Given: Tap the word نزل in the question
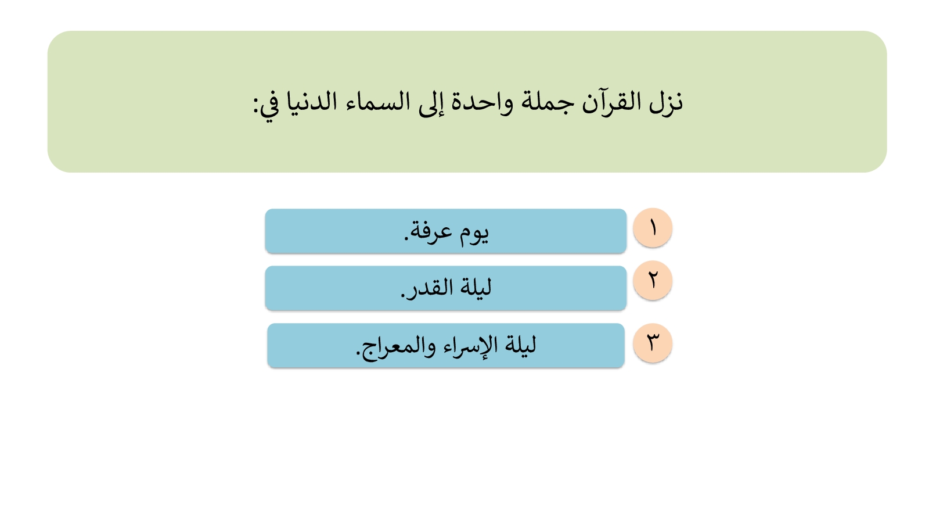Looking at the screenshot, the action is pos(665,103).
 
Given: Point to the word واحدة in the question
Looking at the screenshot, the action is pos(482,102).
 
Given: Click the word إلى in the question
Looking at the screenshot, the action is pos(431,104).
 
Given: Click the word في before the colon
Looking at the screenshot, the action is pos(269,106).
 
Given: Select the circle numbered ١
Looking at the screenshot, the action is pos(653,228).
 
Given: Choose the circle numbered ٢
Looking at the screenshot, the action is pos(653,281).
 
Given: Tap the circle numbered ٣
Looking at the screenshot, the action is pos(653,343).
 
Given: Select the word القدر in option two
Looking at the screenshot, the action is pos(429,287).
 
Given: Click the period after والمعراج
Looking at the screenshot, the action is pos(358,353).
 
